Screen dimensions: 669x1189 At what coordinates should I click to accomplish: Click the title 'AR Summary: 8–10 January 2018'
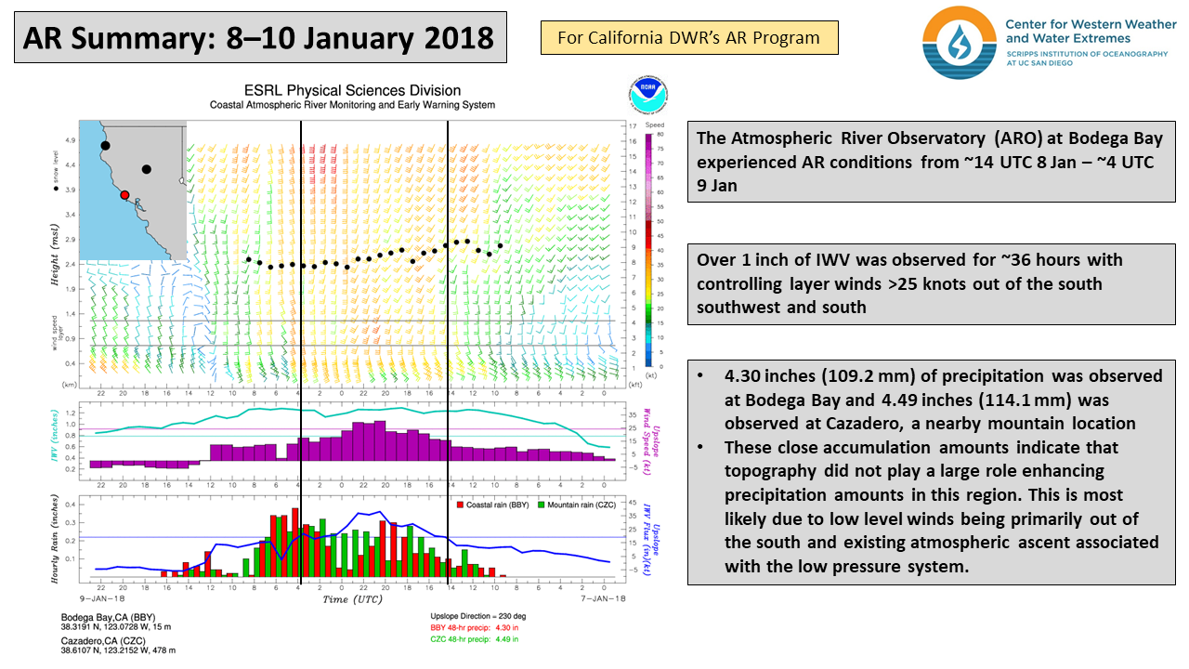pos(258,37)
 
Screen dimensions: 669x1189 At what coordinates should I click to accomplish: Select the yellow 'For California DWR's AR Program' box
pos(688,38)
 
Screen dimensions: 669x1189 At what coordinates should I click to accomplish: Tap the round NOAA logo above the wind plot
pos(640,96)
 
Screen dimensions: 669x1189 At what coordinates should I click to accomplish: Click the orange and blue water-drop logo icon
pos(959,42)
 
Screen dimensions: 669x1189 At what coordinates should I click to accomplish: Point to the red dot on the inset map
pos(124,195)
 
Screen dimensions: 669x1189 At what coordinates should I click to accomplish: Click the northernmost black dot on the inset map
pos(105,146)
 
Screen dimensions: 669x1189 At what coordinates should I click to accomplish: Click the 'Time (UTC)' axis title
pos(347,600)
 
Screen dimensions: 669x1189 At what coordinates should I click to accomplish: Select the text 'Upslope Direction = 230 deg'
pos(479,617)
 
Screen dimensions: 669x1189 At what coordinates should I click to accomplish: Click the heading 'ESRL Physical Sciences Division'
pos(352,90)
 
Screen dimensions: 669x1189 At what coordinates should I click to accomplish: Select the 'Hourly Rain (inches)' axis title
pos(57,539)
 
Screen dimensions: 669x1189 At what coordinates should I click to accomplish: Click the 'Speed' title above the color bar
pos(655,124)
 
